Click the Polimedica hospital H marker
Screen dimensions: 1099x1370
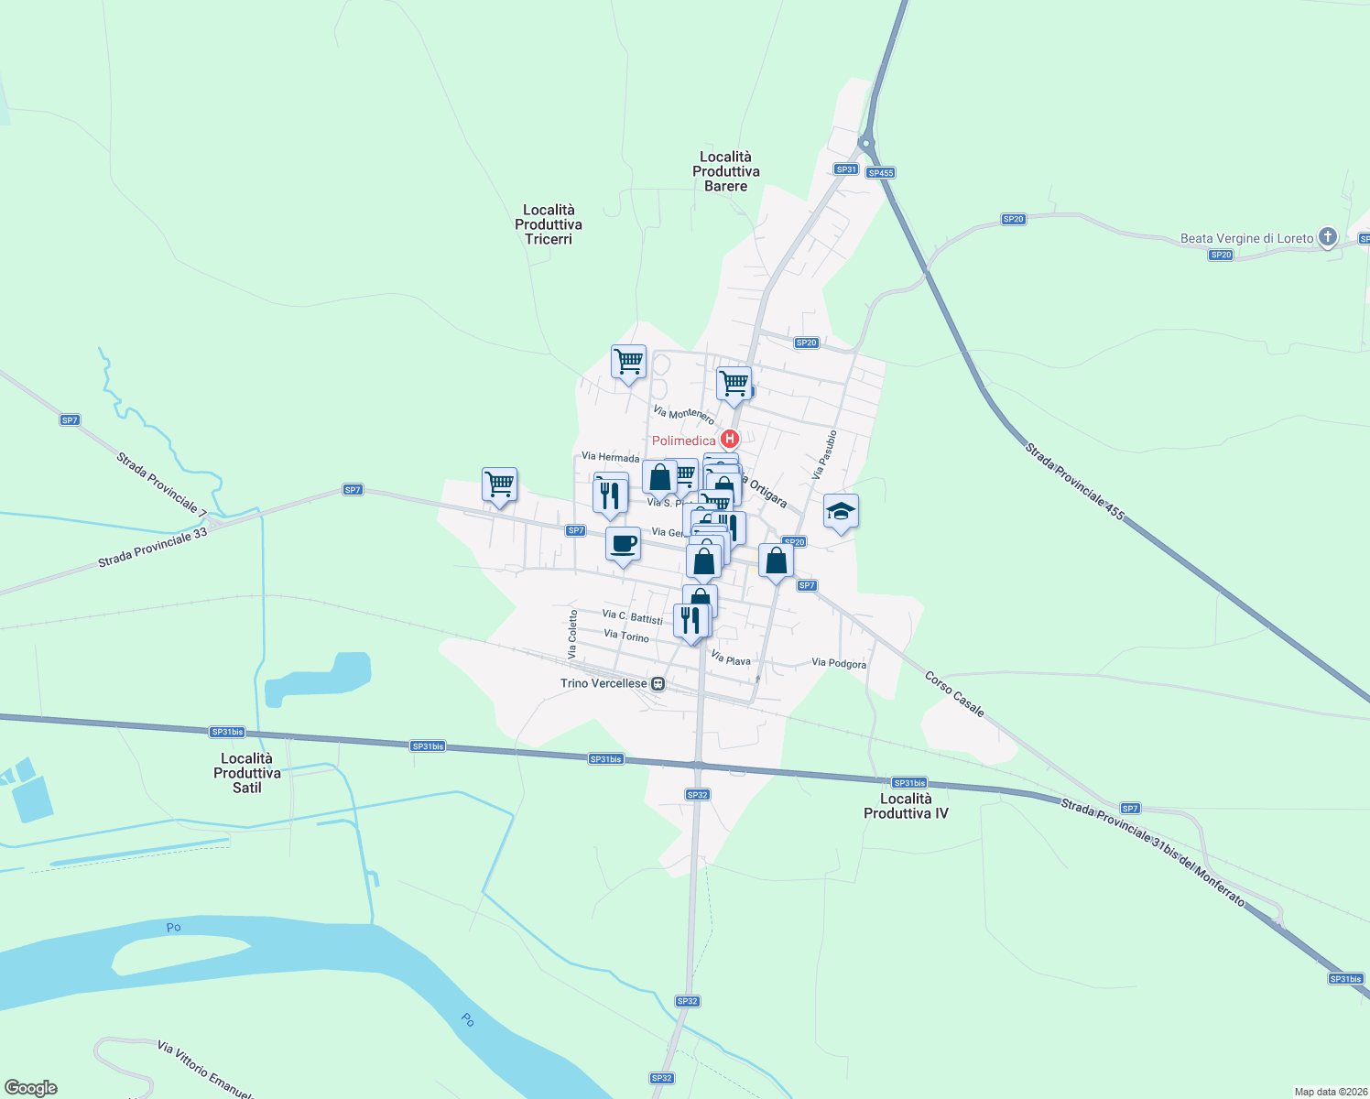point(730,440)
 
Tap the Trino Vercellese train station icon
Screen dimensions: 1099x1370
point(658,683)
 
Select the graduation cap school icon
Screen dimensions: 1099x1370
point(841,512)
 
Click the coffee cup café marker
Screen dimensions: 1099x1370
point(623,544)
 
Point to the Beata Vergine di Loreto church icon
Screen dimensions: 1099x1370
point(1328,237)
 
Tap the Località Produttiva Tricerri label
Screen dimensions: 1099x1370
point(549,224)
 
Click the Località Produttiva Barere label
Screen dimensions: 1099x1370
point(726,171)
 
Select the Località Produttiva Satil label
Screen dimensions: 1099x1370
point(247,773)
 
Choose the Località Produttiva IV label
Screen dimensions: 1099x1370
point(906,806)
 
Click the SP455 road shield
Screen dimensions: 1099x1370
point(880,172)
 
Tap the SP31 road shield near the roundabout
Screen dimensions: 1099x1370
point(846,169)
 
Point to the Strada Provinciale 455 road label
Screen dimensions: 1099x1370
point(1074,482)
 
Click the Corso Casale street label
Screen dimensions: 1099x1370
point(954,694)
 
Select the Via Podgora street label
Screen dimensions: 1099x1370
point(839,663)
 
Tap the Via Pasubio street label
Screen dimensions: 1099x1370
point(824,455)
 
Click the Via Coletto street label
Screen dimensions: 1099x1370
point(572,634)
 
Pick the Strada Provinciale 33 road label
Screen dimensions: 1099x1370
point(153,548)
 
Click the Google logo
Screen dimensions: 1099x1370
point(30,1087)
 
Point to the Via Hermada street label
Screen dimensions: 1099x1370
point(610,457)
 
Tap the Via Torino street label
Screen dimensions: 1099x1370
point(626,636)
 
